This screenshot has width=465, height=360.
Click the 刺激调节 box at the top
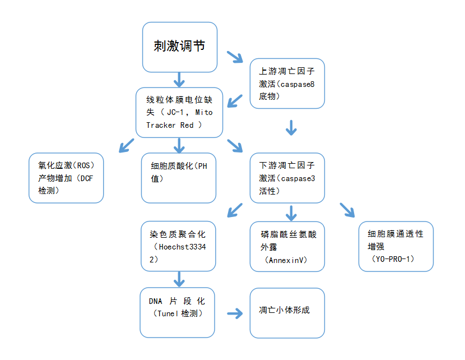click(179, 47)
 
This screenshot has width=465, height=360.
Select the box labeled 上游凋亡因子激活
click(287, 84)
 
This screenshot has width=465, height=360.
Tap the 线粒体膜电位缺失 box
click(179, 113)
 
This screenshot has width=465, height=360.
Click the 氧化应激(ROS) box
click(66, 178)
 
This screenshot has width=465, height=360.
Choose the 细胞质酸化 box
click(179, 178)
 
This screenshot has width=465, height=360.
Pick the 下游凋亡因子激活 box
click(287, 178)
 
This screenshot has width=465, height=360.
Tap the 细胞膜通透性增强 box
click(396, 246)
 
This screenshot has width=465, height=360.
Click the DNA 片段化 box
click(177, 312)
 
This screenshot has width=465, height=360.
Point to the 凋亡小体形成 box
click(287, 312)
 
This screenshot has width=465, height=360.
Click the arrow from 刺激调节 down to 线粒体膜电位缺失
click(179, 79)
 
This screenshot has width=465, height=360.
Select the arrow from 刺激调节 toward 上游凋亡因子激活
click(235, 57)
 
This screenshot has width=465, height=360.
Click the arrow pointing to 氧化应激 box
click(125, 146)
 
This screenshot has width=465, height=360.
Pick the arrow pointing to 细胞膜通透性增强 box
click(348, 210)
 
